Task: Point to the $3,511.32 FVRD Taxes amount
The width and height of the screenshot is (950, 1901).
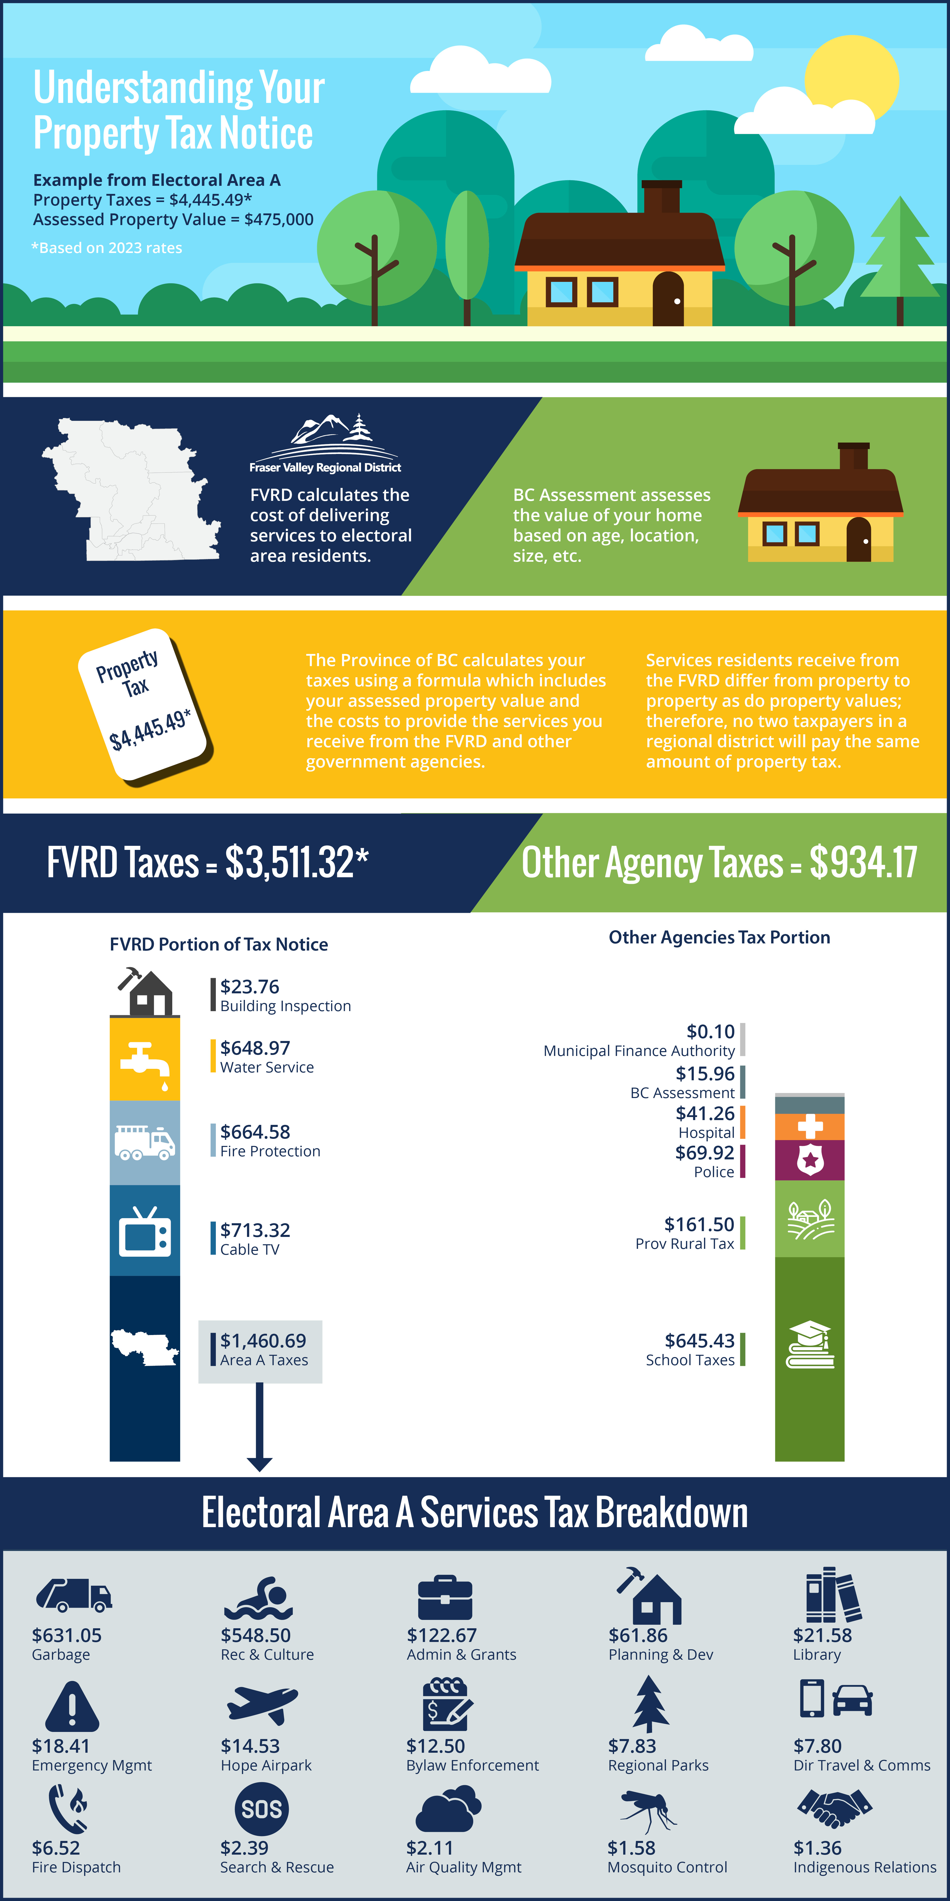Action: tap(296, 862)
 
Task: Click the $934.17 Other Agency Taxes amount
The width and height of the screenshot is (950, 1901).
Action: tap(863, 862)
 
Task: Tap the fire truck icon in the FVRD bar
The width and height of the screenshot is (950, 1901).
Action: tap(145, 1142)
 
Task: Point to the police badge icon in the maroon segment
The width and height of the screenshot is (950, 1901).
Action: tap(810, 1160)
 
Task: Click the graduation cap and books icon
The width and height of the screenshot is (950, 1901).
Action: tap(810, 1345)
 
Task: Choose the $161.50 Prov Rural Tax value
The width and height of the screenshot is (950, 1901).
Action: tap(699, 1225)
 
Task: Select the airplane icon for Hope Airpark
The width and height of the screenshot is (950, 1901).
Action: tap(262, 1705)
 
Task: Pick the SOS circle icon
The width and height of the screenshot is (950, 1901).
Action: tap(262, 1809)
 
